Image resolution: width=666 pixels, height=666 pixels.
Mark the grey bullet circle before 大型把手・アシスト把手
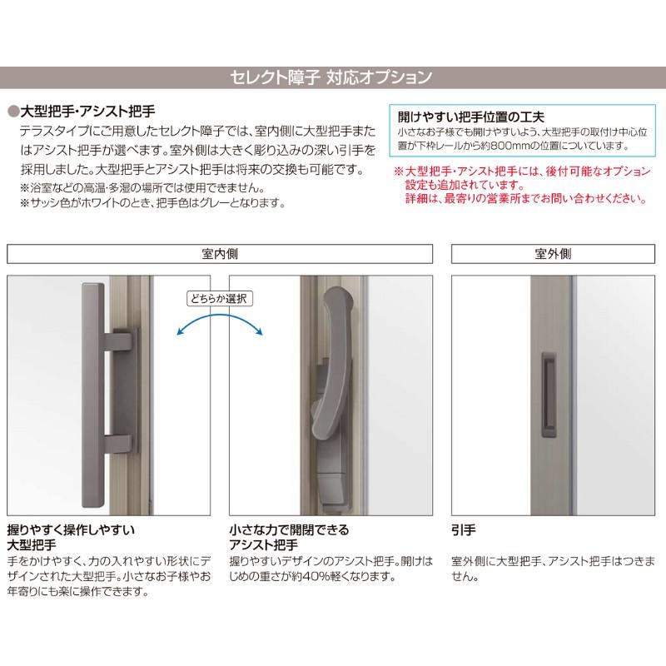12,111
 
